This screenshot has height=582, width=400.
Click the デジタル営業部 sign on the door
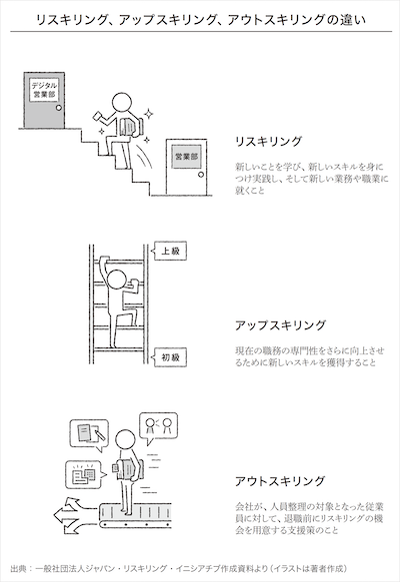pyautogui.click(x=44, y=90)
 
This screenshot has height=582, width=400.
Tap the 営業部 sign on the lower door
pyautogui.click(x=186, y=157)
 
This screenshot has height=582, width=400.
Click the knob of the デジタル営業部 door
pyautogui.click(x=58, y=108)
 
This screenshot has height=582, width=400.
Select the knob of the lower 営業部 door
pyautogui.click(x=201, y=175)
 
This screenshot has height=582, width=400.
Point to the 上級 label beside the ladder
pyautogui.click(x=170, y=251)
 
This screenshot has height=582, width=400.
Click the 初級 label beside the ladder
pyautogui.click(x=170, y=357)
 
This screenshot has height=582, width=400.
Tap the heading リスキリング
pyautogui.click(x=268, y=142)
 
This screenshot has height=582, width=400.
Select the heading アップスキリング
pyautogui.click(x=280, y=325)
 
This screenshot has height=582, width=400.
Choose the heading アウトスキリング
pyautogui.click(x=280, y=481)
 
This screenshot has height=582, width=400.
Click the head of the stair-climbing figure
pyautogui.click(x=122, y=102)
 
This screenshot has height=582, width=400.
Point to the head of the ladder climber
pyautogui.click(x=117, y=280)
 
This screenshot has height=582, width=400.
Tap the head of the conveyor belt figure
pyautogui.click(x=125, y=440)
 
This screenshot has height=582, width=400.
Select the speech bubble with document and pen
pyautogui.click(x=89, y=434)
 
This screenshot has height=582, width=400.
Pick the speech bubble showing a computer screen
pyautogui.click(x=84, y=475)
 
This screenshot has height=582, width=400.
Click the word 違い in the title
pyautogui.click(x=353, y=19)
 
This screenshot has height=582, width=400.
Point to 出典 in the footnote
pyautogui.click(x=19, y=569)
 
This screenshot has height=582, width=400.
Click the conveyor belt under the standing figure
pyautogui.click(x=135, y=515)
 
